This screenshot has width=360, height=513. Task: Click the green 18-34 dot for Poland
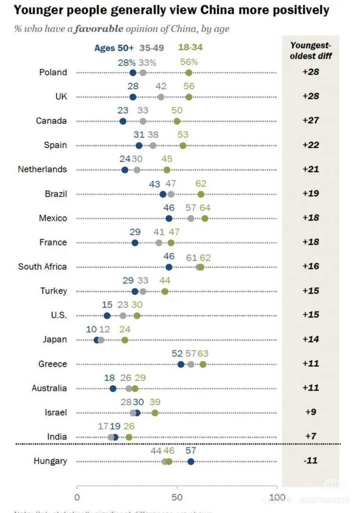click(189, 73)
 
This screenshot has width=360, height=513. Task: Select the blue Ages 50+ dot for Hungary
click(191, 461)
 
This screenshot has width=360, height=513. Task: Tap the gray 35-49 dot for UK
click(161, 97)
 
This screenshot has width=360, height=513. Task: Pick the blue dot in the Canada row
click(123, 121)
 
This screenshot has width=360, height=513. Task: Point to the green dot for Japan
click(125, 340)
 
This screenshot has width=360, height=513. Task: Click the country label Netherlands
click(42, 169)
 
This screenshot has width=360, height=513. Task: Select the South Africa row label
click(42, 267)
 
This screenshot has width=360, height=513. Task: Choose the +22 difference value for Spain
click(311, 145)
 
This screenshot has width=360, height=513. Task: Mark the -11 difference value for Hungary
click(311, 461)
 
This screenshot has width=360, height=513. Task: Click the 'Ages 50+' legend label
click(114, 49)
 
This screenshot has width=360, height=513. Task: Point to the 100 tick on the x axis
click(277, 497)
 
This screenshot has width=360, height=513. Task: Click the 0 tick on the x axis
click(77, 497)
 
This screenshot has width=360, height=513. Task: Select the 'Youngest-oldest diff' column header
click(311, 50)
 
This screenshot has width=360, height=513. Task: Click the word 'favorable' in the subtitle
click(98, 29)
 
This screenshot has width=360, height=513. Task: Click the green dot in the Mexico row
click(205, 218)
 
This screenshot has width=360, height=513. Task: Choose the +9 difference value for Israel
click(311, 413)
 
